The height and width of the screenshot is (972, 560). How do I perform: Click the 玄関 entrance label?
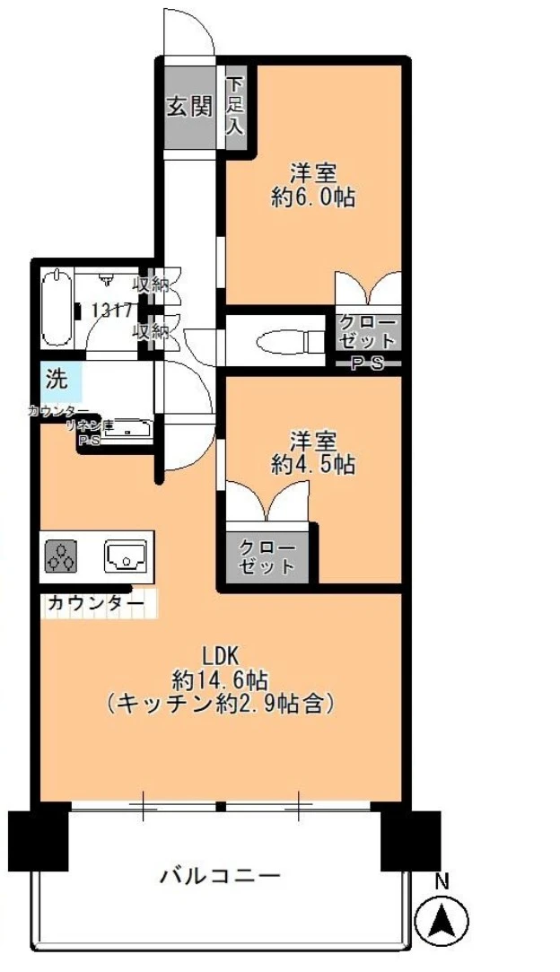pos(188,108)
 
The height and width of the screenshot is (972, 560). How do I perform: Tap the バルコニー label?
pos(221,874)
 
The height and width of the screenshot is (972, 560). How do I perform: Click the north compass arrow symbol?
pos(442,921)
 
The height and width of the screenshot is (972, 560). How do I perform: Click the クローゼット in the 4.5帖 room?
pos(267,557)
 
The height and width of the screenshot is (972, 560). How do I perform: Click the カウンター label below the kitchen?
pos(94,604)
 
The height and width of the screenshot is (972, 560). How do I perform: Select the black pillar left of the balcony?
pos(38,840)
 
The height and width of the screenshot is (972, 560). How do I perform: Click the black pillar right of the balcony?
pos(410,840)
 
